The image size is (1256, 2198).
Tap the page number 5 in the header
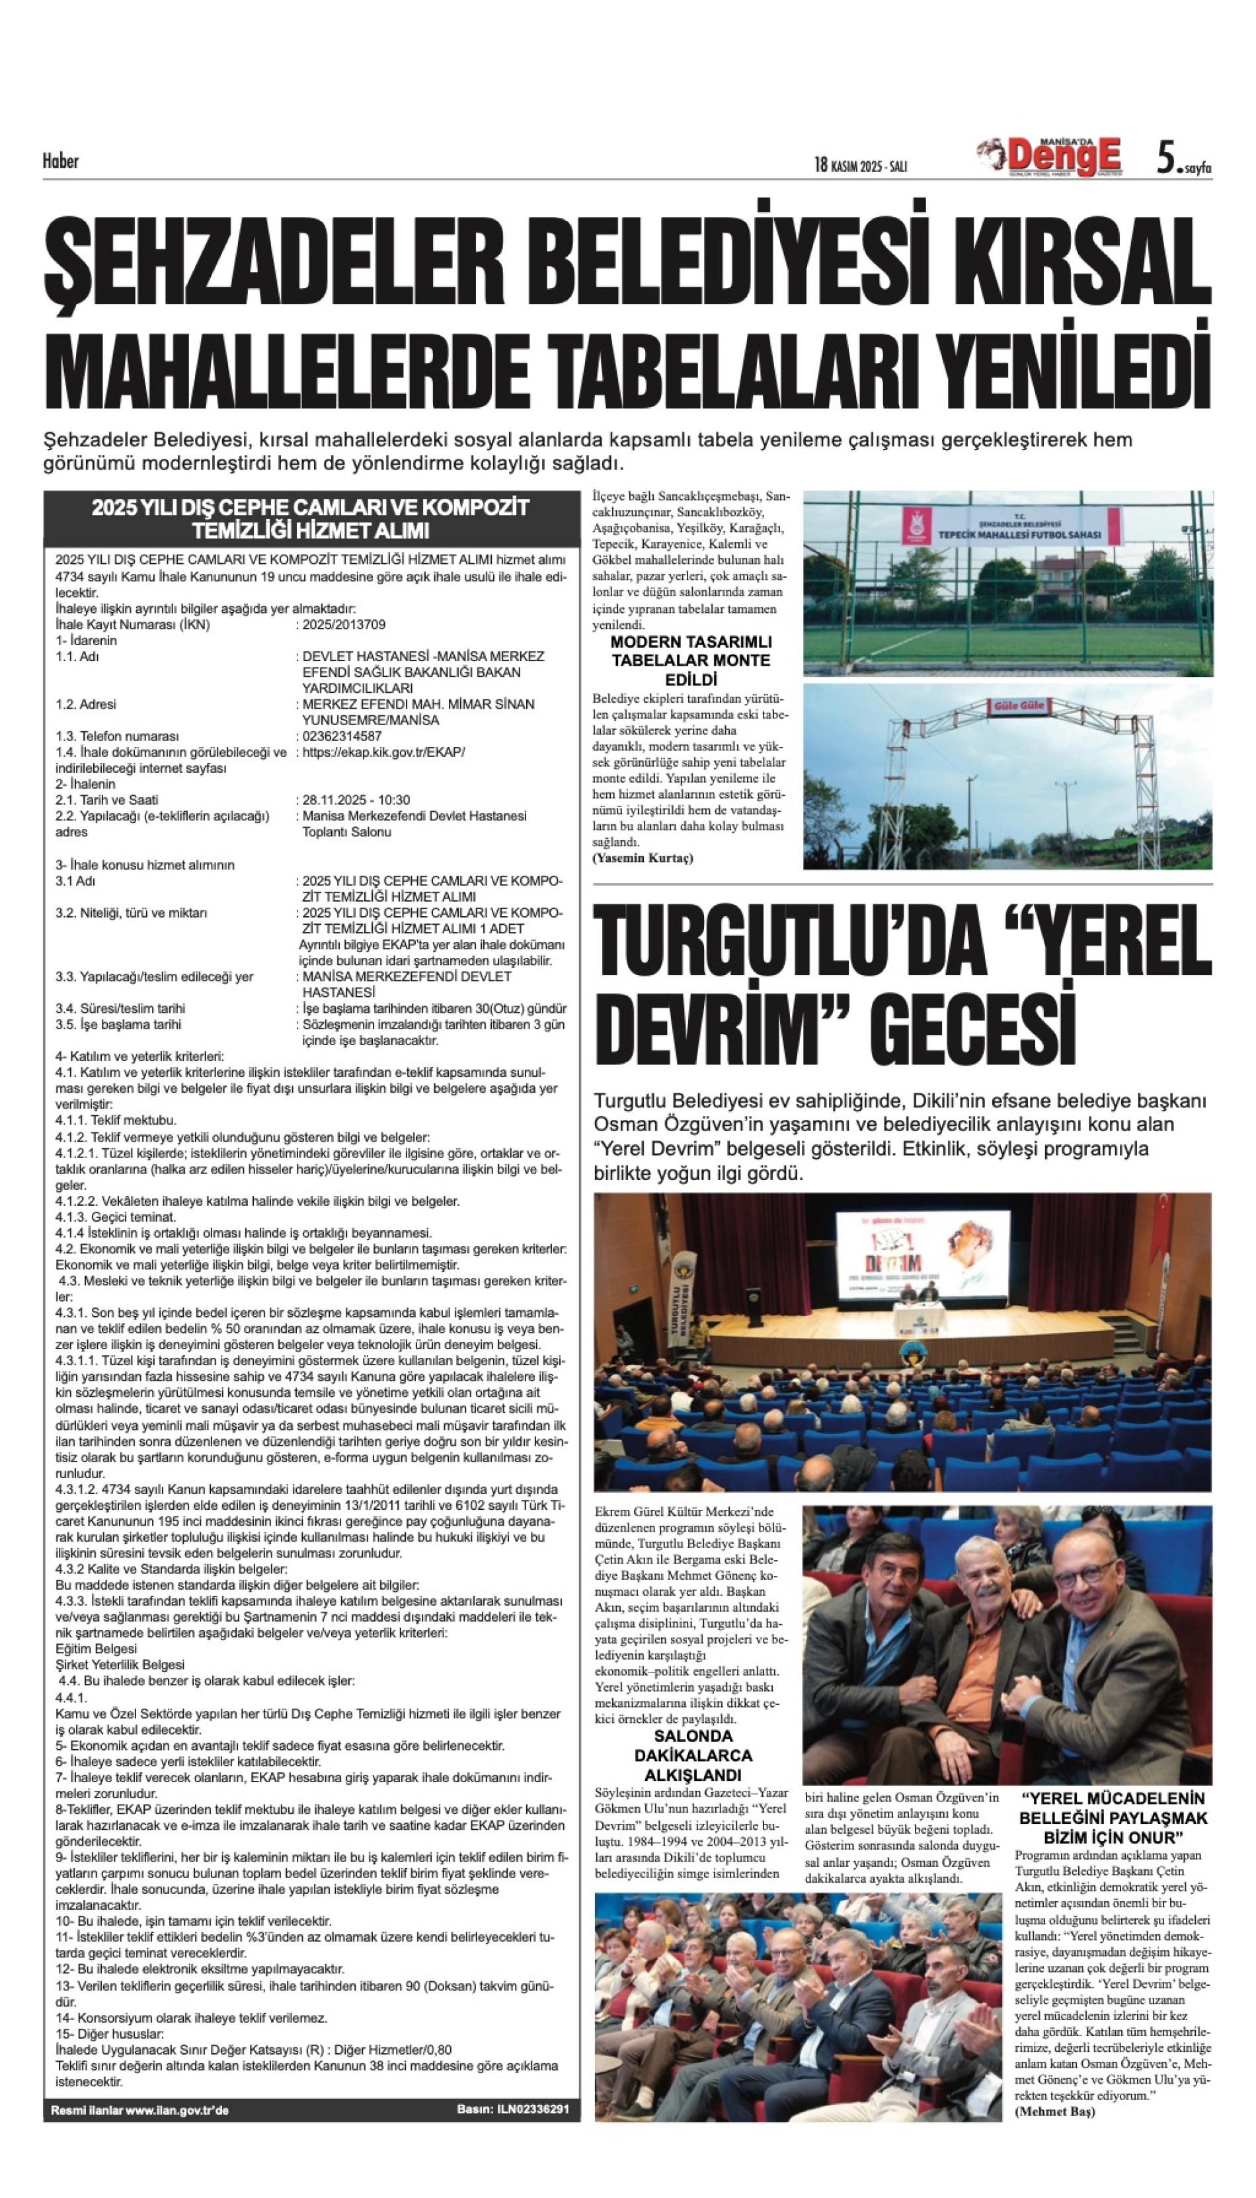1166,159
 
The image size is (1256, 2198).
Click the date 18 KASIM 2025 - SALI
860,165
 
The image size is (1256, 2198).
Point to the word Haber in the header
60,161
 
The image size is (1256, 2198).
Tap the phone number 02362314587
342,736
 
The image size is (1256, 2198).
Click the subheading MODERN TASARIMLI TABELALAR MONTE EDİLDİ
691,661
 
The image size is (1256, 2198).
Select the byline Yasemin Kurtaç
643,858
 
